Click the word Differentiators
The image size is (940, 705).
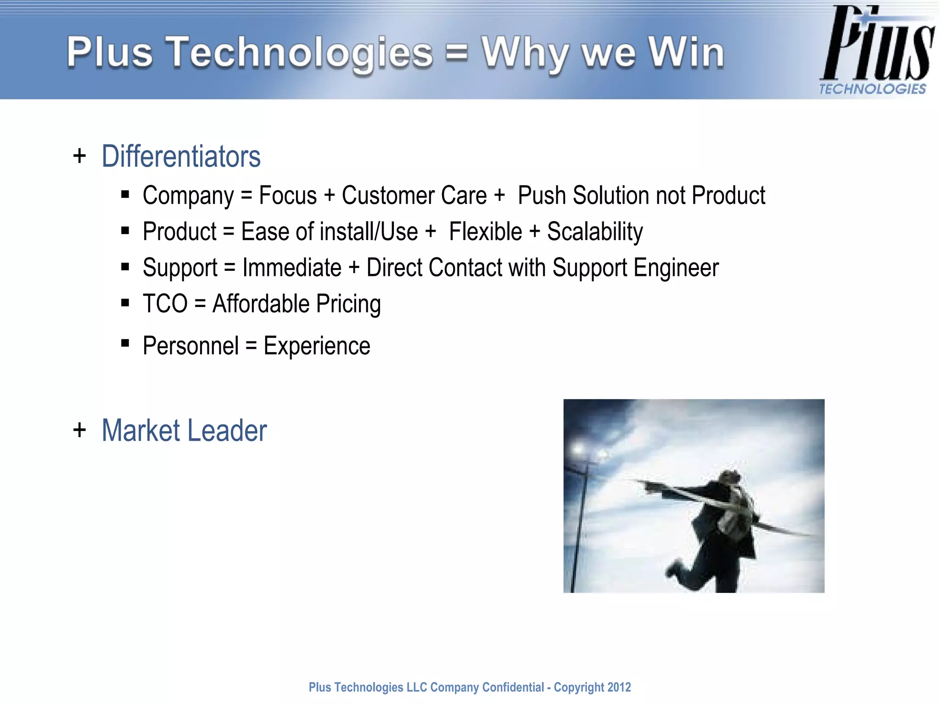pyautogui.click(x=181, y=157)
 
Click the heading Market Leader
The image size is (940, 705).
pyautogui.click(x=184, y=431)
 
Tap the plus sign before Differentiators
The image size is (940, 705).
pyautogui.click(x=79, y=156)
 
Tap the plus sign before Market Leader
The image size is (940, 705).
pyautogui.click(x=79, y=431)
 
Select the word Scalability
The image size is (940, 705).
pyautogui.click(x=594, y=232)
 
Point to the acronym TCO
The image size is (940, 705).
pyautogui.click(x=165, y=304)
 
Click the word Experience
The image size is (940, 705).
pyautogui.click(x=317, y=346)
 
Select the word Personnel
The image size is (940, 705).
pyautogui.click(x=190, y=346)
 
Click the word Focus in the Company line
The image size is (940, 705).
pyautogui.click(x=288, y=196)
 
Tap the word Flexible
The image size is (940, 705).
pyautogui.click(x=485, y=232)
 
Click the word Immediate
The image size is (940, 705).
pyautogui.click(x=292, y=268)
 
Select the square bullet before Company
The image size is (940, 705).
pyautogui.click(x=125, y=195)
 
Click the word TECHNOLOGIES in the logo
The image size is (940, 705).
pyautogui.click(x=872, y=89)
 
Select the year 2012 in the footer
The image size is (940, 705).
pyautogui.click(x=619, y=687)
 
